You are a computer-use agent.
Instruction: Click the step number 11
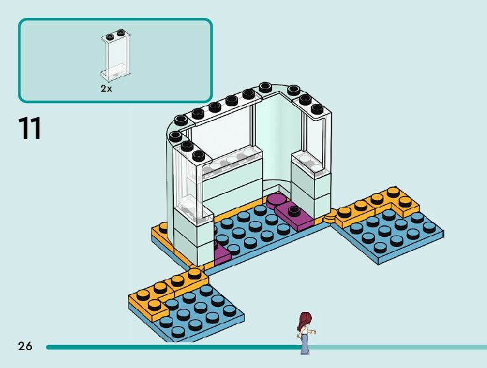pyautogui.click(x=30, y=128)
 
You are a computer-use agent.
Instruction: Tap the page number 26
pyautogui.click(x=25, y=346)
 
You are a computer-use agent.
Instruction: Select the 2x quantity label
pyautogui.click(x=106, y=89)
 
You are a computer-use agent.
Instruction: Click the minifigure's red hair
pyautogui.click(x=304, y=319)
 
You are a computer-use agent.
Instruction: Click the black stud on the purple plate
pyautogui.click(x=293, y=209)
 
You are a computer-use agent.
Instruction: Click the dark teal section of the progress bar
pyautogui.click(x=172, y=348)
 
